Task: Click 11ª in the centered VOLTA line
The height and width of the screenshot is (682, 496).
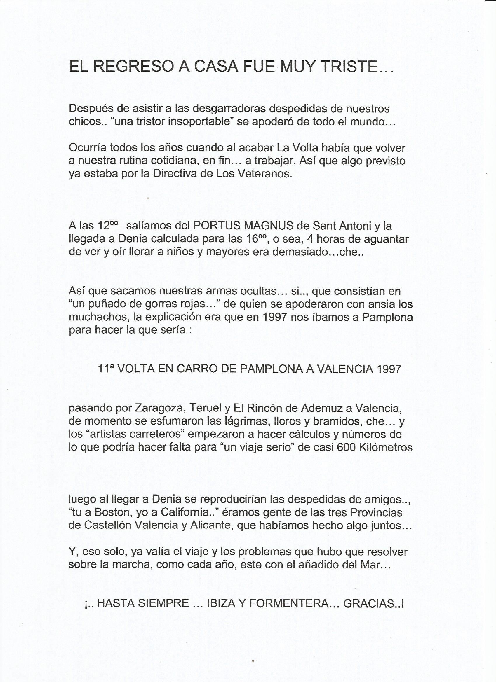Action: (106, 369)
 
